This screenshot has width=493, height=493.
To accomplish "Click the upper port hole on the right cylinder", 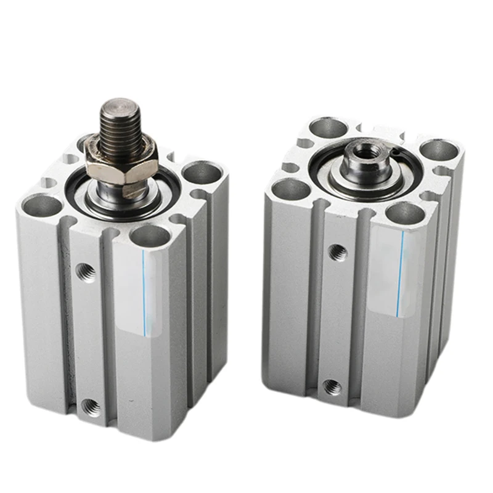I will coord(336,251).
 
